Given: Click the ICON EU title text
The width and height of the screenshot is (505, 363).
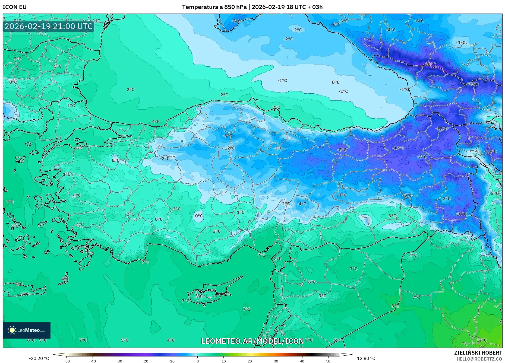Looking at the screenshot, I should click(15, 7).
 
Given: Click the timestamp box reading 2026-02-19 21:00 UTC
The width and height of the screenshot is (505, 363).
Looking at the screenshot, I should click(49, 26).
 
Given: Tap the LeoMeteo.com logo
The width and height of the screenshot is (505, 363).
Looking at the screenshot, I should click(27, 330).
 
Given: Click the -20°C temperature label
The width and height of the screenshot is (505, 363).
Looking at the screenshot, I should click(430, 64).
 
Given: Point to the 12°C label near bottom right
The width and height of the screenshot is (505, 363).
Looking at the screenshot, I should click(481, 340).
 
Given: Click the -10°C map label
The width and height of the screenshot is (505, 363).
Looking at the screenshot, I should click(461, 214).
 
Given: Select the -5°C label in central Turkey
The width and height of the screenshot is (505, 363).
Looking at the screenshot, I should click(228, 136).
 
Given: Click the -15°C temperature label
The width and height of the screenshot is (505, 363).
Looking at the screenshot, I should click(473, 84).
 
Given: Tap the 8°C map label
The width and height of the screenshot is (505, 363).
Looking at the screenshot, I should click(395, 306).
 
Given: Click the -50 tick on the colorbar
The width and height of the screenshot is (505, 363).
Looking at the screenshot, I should click(67, 361).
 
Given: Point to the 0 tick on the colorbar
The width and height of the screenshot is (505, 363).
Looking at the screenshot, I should click(198, 361).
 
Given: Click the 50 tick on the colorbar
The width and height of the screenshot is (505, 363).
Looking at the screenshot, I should click(328, 361).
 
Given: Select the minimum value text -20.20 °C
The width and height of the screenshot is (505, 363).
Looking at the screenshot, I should click(39, 358).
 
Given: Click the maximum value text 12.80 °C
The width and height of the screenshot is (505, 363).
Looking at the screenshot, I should click(366, 358).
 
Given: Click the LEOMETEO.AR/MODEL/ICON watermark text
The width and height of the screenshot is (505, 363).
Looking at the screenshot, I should click(252, 341).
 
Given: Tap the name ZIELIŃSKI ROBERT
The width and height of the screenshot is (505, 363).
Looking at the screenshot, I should click(478, 353).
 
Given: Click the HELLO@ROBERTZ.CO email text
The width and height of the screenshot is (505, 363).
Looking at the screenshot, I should click(479, 359).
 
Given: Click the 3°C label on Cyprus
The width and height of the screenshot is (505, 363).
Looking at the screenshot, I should click(199, 296).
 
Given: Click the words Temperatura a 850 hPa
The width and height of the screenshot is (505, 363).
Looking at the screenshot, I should click(214, 7).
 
